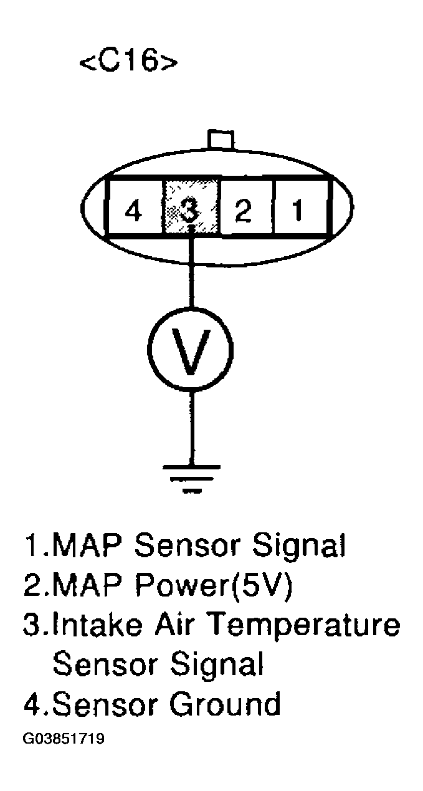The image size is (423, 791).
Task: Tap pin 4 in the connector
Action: click(x=132, y=211)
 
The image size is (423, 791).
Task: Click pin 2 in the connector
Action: click(x=243, y=211)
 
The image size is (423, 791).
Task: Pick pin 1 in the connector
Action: click(x=298, y=211)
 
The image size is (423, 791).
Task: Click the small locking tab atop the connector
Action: click(x=221, y=140)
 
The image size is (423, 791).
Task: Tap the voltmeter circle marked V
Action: click(x=191, y=347)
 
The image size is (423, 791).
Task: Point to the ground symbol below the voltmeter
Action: click(x=191, y=477)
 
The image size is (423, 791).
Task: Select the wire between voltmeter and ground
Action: click(x=191, y=424)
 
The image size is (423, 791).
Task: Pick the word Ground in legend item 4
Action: click(x=224, y=704)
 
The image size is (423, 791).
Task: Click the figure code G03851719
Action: click(x=64, y=740)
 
